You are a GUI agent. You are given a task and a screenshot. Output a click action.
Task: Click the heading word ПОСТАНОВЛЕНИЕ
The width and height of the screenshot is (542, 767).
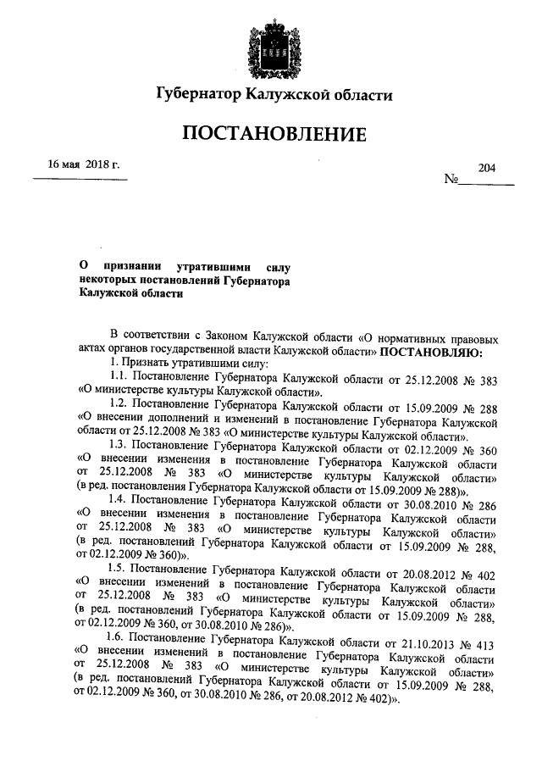point(271,135)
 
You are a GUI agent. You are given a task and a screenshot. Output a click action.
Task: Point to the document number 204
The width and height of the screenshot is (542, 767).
point(486,168)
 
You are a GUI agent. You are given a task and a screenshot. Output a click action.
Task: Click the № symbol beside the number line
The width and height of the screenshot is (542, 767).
point(451,181)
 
